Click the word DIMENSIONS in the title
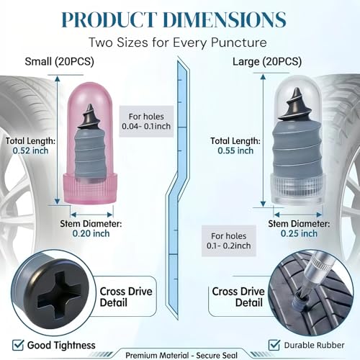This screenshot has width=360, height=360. (x=225, y=19)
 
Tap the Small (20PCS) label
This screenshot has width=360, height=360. (x=59, y=61)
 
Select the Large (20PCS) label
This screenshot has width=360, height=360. (x=267, y=62)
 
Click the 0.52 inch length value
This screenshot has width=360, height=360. (x=30, y=150)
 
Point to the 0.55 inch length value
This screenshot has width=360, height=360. (x=235, y=150)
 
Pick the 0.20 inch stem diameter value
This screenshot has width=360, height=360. (x=91, y=233)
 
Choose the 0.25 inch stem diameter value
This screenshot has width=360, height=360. (x=299, y=233)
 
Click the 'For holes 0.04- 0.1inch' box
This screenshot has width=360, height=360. (x=146, y=122)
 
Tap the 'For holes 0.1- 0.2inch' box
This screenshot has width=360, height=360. (x=229, y=241)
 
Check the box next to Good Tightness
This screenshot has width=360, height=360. (x=18, y=346)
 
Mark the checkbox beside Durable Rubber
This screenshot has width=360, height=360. (x=274, y=346)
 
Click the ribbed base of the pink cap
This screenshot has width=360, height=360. (x=90, y=189)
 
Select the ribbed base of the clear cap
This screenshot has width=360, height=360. (x=298, y=189)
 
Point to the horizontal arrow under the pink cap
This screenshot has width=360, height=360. (x=91, y=215)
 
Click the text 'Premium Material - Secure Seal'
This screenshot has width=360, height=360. (x=181, y=355)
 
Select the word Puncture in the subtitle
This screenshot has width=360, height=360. (x=239, y=42)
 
